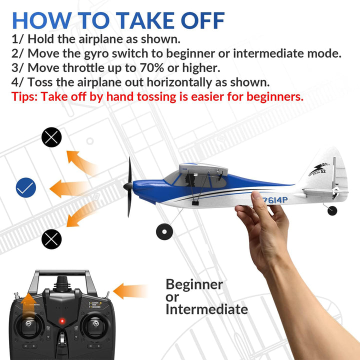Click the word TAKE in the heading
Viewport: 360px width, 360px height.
147,20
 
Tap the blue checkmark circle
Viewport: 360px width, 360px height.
25,187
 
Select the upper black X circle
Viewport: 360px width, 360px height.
51,137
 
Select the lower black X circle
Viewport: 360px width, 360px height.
51,239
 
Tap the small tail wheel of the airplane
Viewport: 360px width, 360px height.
332,210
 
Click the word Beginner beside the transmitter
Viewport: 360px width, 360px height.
194,284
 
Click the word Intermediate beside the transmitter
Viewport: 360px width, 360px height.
206,309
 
